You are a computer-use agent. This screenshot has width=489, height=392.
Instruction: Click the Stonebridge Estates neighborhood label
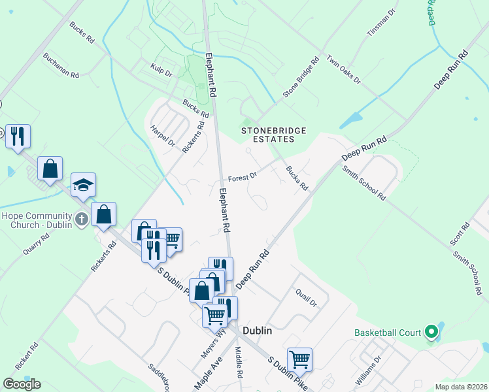click(x=274, y=135)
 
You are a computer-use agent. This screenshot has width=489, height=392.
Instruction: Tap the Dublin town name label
click(x=257, y=331)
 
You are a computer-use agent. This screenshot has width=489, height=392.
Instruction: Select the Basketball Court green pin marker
click(x=431, y=333)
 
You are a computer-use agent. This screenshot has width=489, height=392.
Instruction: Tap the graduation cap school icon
click(x=83, y=185)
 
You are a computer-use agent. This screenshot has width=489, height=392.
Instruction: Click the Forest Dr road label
click(x=243, y=177)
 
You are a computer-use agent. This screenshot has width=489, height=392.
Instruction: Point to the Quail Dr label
click(x=306, y=299)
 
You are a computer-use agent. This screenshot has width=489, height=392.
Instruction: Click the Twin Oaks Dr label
click(x=343, y=69)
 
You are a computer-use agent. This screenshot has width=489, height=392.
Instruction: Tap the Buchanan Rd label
click(x=61, y=65)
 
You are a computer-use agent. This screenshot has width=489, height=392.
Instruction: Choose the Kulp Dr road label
click(x=160, y=70)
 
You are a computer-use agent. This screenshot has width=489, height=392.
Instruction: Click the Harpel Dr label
click(x=163, y=135)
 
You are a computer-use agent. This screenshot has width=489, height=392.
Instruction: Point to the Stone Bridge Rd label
click(x=301, y=77)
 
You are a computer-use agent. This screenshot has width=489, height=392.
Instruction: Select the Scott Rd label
click(x=460, y=234)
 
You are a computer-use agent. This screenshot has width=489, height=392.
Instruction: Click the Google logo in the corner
click(x=22, y=384)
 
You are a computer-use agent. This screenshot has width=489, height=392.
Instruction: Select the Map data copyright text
click(x=461, y=387)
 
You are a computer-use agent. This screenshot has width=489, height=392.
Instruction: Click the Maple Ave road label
click(x=209, y=372)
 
